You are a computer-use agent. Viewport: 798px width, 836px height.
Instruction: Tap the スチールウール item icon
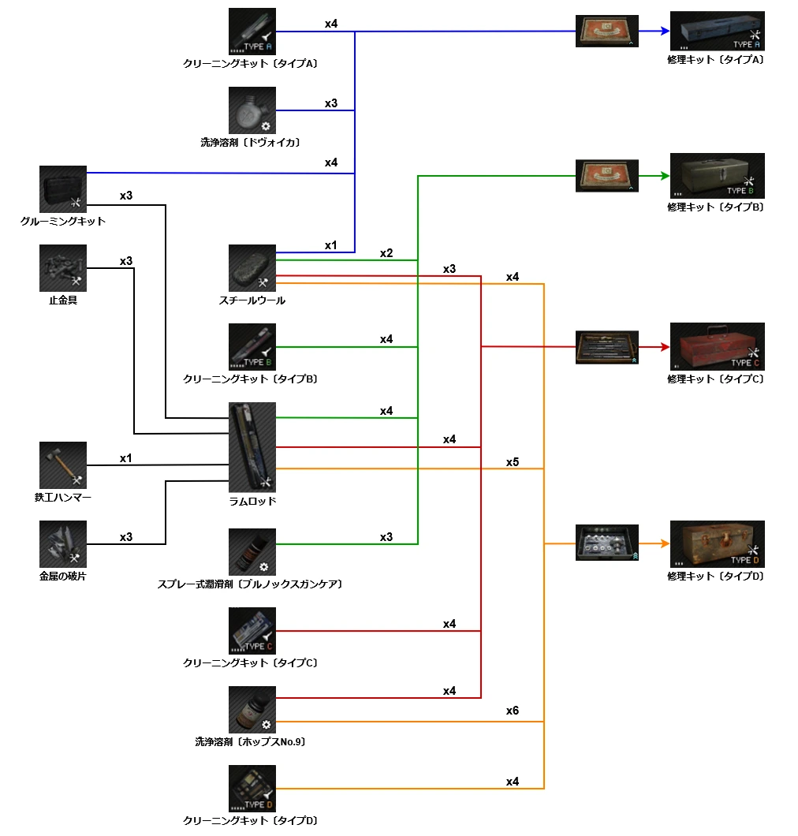pos(252,268)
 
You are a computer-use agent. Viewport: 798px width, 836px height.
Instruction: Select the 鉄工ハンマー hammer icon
pos(63,465)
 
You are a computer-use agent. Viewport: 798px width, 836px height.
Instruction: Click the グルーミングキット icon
pos(63,189)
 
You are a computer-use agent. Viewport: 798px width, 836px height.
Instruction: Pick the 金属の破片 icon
pos(63,543)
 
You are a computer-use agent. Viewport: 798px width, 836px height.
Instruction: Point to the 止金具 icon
pos(63,268)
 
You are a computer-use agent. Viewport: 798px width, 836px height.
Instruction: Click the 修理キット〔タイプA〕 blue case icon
pos(717,32)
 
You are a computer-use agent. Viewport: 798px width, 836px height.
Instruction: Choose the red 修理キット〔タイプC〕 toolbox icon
pos(717,346)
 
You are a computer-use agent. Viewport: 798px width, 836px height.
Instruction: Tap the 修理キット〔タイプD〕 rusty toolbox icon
pos(717,543)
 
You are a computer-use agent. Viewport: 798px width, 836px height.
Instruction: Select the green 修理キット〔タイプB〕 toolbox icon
pos(717,176)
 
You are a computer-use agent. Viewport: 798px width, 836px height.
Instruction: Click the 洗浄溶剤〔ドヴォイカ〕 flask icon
pos(252,110)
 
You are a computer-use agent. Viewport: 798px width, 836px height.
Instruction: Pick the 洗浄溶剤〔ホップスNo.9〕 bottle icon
pos(252,710)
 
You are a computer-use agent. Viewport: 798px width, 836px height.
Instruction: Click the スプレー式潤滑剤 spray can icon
pos(252,552)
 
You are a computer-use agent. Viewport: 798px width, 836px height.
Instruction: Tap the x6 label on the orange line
pos(513,711)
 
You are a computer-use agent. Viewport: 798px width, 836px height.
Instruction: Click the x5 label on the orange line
pos(513,462)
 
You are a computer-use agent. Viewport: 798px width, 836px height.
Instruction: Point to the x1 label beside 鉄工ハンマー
pos(126,457)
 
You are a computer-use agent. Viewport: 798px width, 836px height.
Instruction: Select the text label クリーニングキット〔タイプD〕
pos(250,821)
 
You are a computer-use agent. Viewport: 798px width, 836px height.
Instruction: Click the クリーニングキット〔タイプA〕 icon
pos(252,32)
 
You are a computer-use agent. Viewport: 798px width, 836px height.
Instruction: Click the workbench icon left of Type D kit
pos(607,543)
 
